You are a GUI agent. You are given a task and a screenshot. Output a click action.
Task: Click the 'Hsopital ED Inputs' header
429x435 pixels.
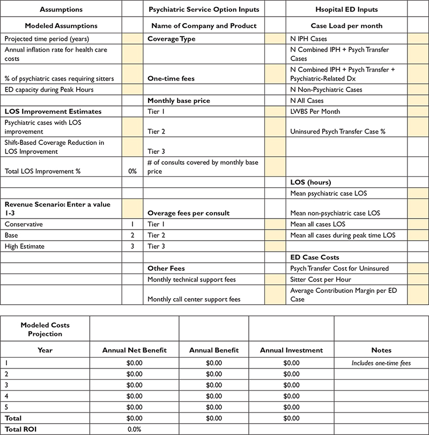pos(346,9)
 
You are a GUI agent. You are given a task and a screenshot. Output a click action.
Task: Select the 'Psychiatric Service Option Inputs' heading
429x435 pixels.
pos(203,9)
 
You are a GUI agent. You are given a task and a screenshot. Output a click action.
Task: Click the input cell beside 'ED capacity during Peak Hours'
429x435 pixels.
pos(132,90)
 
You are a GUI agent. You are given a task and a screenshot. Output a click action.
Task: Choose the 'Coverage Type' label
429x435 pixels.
pos(172,39)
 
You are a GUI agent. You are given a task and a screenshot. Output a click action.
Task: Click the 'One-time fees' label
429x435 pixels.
pos(170,78)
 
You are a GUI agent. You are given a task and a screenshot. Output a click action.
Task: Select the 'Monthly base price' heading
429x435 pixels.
pos(179,100)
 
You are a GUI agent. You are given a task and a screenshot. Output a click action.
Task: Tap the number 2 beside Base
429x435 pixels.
pos(132,235)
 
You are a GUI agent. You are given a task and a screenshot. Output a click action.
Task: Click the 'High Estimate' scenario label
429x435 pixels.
pos(25,246)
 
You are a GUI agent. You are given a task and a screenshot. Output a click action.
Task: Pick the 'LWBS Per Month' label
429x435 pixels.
pos(315,111)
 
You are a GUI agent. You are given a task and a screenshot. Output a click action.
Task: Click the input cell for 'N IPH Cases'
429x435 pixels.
pos(418,39)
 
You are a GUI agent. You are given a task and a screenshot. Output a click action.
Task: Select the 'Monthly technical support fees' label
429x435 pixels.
pos(191,279)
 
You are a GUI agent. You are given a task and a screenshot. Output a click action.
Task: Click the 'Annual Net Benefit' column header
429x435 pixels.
pos(134,350)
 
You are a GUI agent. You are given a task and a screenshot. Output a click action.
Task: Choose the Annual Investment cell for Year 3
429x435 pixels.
pos(291,385)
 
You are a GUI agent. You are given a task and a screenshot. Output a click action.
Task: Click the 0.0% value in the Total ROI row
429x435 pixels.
pos(134,429)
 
